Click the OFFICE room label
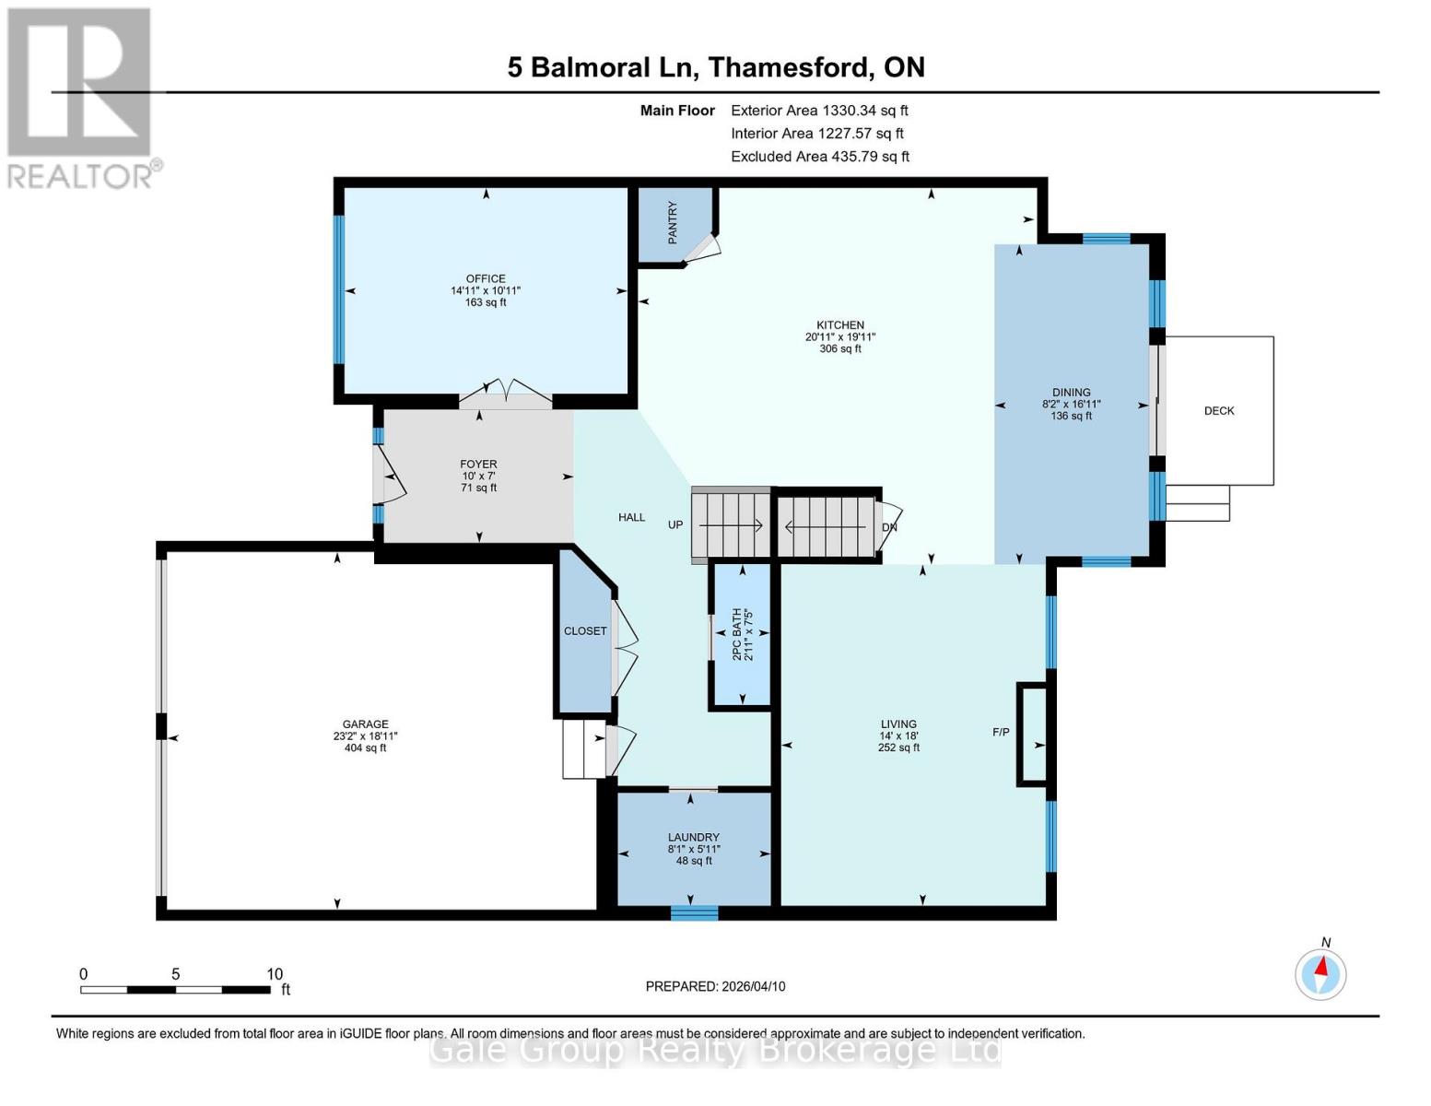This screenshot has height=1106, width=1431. (x=486, y=278)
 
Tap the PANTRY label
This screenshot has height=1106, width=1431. (x=673, y=222)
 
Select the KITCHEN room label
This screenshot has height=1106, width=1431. (x=839, y=325)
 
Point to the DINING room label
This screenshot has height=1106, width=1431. (x=1071, y=392)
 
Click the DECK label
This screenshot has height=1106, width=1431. (x=1218, y=411)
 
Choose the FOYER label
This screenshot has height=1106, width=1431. (x=478, y=465)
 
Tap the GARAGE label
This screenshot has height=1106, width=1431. (x=365, y=724)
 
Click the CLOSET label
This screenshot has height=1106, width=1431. (x=585, y=631)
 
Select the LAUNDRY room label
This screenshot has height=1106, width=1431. (x=693, y=838)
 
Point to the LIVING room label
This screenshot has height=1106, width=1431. (x=897, y=724)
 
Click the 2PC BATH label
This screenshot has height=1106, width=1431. (x=736, y=634)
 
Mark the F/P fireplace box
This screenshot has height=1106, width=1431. (x=1031, y=735)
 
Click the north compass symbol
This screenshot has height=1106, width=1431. (x=1320, y=972)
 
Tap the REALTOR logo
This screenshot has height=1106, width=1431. (x=81, y=97)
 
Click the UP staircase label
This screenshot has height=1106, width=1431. (x=675, y=525)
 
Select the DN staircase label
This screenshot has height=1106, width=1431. (x=889, y=527)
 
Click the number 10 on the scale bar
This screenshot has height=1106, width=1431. (x=275, y=974)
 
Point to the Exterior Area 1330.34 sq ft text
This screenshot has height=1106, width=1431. (x=819, y=111)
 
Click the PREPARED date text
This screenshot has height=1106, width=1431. (x=715, y=986)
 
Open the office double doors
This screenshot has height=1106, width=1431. (x=505, y=393)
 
